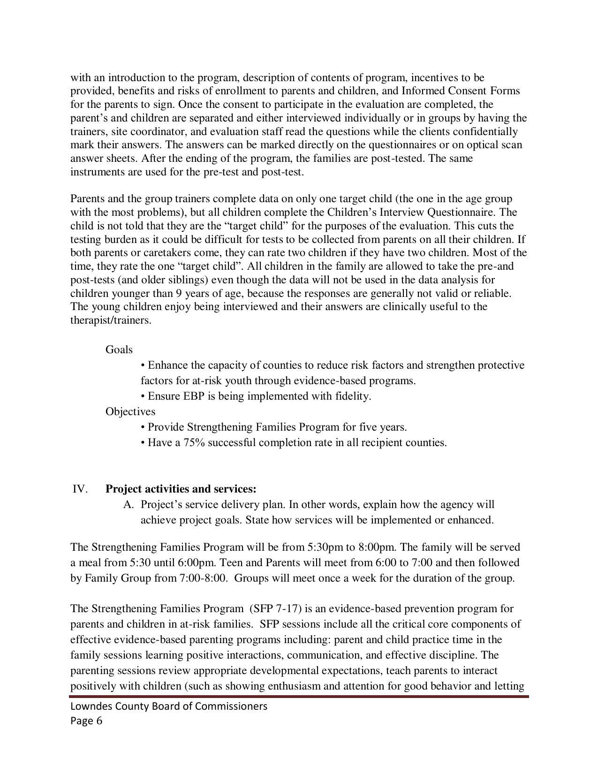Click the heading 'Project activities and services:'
pyautogui.click(x=181, y=489)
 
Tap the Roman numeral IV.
pyautogui.click(x=80, y=489)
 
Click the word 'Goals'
pyautogui.click(x=119, y=349)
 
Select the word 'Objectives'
pyautogui.click(x=130, y=411)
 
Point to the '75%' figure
pyautogui.click(x=193, y=442)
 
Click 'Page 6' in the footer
pyautogui.click(x=86, y=721)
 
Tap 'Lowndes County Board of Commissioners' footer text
pyautogui.click(x=169, y=706)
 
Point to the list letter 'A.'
pyautogui.click(x=129, y=504)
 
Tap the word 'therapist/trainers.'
pyautogui.click(x=111, y=320)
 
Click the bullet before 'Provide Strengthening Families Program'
pyautogui.click(x=143, y=427)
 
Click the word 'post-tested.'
pyautogui.click(x=398, y=158)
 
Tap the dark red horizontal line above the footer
pyautogui.click(x=299, y=697)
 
